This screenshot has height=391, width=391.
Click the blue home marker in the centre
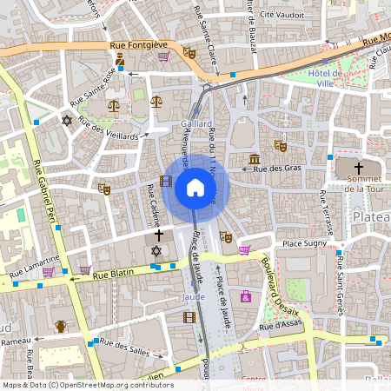(x=195, y=187)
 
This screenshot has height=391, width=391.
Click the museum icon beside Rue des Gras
(x=255, y=159)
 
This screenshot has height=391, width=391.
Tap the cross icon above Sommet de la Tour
(x=359, y=166)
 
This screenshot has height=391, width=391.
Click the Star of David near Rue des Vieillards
(x=67, y=120)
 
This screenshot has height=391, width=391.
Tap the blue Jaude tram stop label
(x=193, y=296)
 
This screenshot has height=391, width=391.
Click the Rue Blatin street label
(x=112, y=272)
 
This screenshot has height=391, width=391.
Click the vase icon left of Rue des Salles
(x=61, y=327)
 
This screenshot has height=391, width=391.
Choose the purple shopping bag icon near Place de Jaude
(x=246, y=296)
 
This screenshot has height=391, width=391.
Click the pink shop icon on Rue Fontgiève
(x=163, y=56)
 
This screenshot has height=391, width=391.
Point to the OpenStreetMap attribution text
(x=87, y=385)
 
